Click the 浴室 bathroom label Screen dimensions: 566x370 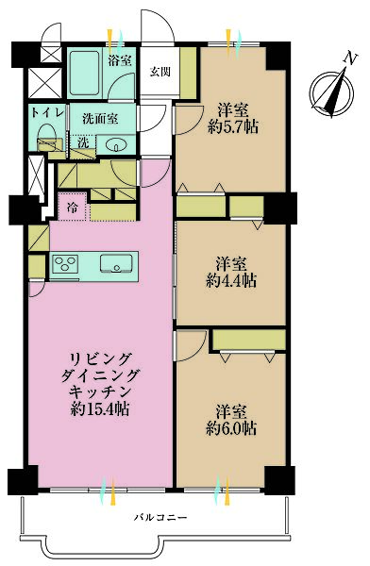[x=119, y=61]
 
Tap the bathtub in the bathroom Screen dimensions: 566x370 [x=88, y=71]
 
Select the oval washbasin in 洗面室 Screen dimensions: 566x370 [x=116, y=144]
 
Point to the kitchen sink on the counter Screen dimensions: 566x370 [x=117, y=263]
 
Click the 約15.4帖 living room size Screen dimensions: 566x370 [x=99, y=409]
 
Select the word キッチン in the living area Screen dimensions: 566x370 [x=99, y=390]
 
